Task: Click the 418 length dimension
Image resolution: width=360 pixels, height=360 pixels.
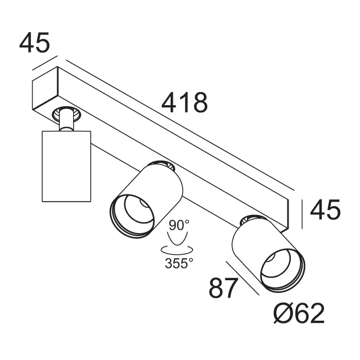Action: click(184, 102)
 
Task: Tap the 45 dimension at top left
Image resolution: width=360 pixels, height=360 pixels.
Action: click(34, 43)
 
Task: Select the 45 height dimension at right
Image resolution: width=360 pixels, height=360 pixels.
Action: click(325, 210)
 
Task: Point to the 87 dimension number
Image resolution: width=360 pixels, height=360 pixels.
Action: click(223, 288)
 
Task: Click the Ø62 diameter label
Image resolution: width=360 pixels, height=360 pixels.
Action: click(299, 314)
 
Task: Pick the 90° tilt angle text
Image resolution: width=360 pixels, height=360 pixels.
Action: click(179, 225)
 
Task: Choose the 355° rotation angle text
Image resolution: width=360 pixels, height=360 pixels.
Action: click(179, 263)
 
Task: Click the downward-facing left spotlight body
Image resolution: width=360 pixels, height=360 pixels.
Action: click(66, 166)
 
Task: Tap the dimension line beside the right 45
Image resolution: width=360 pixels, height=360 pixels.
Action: click(302, 214)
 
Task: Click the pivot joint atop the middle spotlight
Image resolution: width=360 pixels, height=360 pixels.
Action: click(164, 164)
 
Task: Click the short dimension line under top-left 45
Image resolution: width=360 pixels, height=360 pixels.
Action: click(45, 63)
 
